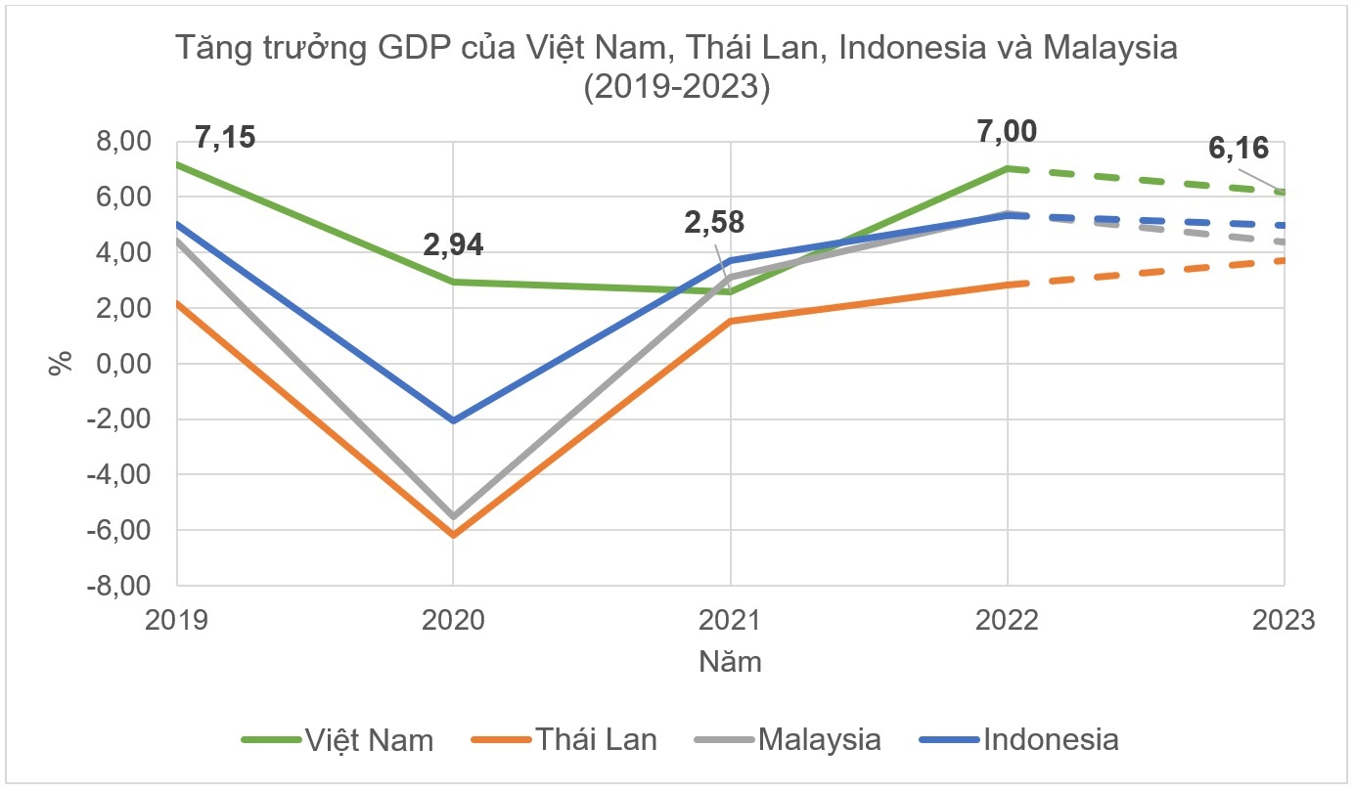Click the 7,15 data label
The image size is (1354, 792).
[225, 136]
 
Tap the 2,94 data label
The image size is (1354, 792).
[453, 243]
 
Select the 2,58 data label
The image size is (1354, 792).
[713, 222]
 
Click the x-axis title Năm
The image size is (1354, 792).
[730, 662]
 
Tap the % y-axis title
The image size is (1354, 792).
[61, 364]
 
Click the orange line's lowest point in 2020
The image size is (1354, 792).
[453, 535]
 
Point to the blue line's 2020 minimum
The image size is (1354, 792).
[453, 420]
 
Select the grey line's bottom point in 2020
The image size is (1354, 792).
[453, 515]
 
